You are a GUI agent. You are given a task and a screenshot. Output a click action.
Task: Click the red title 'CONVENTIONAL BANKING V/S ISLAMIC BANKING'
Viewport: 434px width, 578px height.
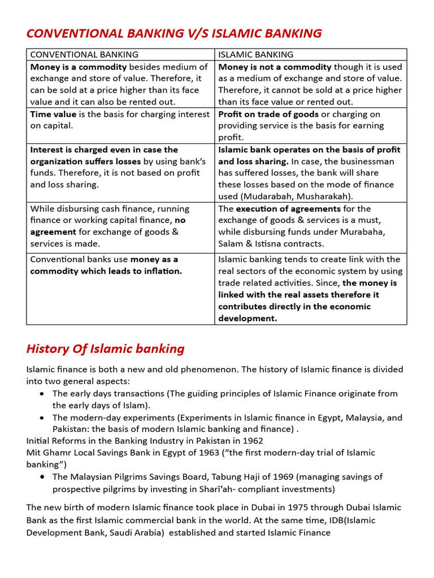click(x=174, y=33)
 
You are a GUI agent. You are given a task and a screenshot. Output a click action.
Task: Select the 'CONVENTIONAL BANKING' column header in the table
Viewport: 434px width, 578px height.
click(x=84, y=55)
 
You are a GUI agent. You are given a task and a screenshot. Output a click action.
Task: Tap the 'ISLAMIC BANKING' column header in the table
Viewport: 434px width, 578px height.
click(x=255, y=55)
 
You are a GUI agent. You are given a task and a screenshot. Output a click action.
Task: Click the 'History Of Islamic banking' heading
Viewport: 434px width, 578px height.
click(x=105, y=349)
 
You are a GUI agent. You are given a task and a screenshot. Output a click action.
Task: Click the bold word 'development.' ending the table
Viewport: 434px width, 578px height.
click(x=248, y=318)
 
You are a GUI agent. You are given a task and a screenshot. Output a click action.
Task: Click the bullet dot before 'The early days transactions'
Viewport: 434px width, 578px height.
click(x=42, y=393)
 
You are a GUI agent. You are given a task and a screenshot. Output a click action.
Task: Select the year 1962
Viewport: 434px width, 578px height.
click(x=252, y=440)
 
